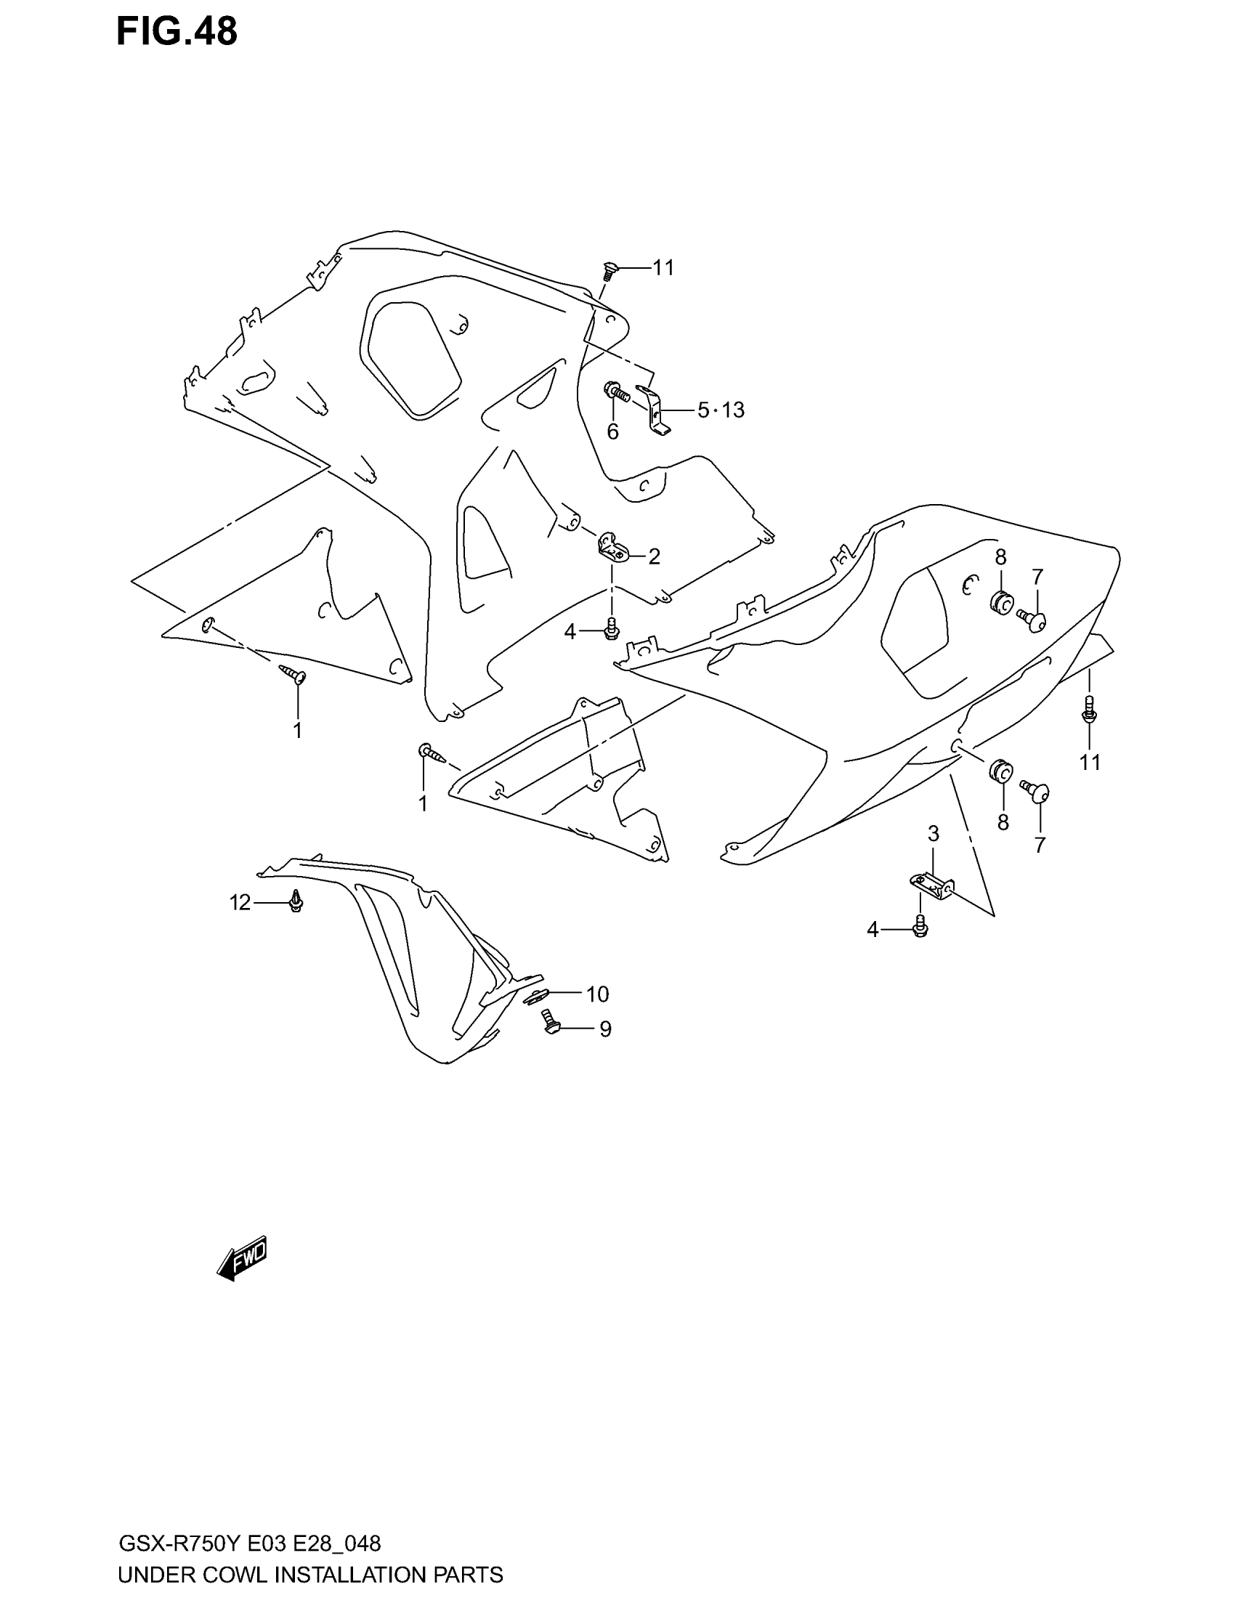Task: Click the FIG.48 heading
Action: tap(177, 32)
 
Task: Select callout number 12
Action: tap(240, 904)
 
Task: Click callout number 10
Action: tap(597, 994)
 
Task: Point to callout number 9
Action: tap(605, 1029)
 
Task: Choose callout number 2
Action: tap(654, 557)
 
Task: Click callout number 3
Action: tap(934, 833)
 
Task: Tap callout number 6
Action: tap(613, 432)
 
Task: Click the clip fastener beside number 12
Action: tap(296, 901)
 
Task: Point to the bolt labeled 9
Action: tap(548, 1021)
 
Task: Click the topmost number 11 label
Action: tap(663, 269)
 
